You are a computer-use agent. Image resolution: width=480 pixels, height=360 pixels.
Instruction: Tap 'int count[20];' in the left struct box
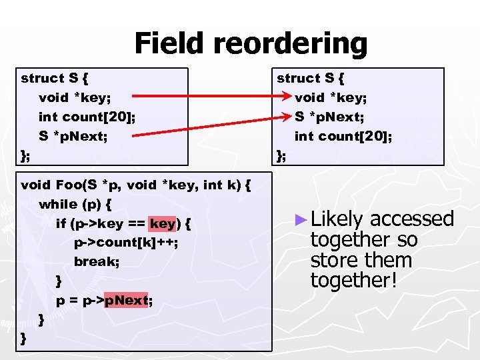click(x=87, y=117)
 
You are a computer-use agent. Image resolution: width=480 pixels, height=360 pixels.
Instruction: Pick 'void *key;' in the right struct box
click(x=331, y=98)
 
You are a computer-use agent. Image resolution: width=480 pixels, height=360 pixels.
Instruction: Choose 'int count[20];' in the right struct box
click(x=343, y=137)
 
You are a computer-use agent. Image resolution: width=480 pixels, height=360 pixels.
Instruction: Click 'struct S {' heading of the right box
click(x=311, y=79)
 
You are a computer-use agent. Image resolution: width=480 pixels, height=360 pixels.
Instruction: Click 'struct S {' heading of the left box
click(x=55, y=79)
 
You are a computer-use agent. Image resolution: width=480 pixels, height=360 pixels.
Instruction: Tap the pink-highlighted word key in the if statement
click(x=163, y=223)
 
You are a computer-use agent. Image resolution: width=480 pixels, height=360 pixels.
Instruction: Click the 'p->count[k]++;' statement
click(x=126, y=243)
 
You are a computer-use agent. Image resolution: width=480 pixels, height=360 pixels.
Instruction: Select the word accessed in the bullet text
click(x=411, y=219)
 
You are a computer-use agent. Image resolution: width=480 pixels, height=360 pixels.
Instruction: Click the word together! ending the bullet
click(x=354, y=281)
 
